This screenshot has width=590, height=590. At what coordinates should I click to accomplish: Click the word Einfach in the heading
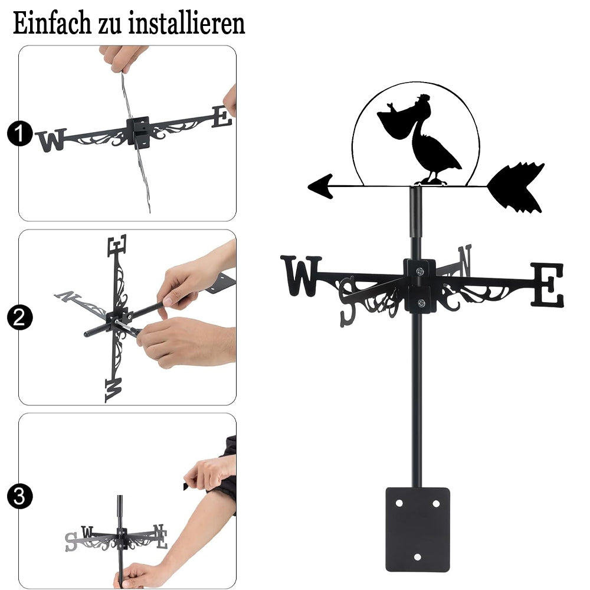pyautogui.click(x=52, y=23)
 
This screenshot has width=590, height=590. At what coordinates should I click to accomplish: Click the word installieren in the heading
pyautogui.click(x=186, y=23)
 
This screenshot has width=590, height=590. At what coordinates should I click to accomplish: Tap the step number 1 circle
pyautogui.click(x=19, y=133)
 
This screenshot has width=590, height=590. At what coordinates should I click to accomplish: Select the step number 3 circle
pyautogui.click(x=19, y=496)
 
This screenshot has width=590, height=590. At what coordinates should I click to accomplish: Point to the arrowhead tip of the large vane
pyautogui.click(x=308, y=186)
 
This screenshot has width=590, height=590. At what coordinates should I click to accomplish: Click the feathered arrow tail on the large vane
pyautogui.click(x=516, y=187)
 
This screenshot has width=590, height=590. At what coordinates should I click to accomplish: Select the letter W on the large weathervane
pyautogui.click(x=301, y=276)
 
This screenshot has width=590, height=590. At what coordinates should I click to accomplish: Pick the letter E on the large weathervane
pyautogui.click(x=548, y=284)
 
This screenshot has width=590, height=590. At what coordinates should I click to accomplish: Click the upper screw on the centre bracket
pyautogui.click(x=419, y=271)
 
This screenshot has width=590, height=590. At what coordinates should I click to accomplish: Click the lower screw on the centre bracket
pyautogui.click(x=421, y=303)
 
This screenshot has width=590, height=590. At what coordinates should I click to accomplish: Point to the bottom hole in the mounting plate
pyautogui.click(x=417, y=557)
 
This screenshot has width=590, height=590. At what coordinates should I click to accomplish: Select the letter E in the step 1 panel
pyautogui.click(x=222, y=117)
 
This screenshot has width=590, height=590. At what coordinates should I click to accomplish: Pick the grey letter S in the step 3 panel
pyautogui.click(x=71, y=542)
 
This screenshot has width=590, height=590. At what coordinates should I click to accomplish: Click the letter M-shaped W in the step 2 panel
pyautogui.click(x=114, y=390)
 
